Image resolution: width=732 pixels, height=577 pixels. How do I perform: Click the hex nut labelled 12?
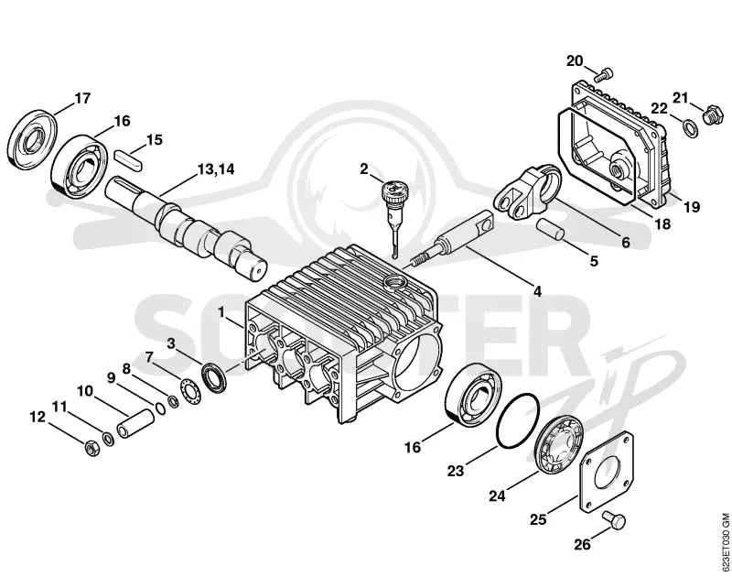pos(92,448)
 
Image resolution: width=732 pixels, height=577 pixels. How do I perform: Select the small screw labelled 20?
pos(603,75)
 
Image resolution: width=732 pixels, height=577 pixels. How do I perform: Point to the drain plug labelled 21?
pos(713,114)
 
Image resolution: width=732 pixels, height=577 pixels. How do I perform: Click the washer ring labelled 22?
pos(691,128)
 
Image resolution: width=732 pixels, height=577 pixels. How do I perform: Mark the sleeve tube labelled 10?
pos(135,423)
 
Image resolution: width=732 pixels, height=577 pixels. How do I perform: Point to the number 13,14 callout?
pos(216,169)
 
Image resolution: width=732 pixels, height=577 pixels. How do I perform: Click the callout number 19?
pos(692,205)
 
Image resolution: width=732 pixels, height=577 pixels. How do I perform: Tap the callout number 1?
pos(221,311)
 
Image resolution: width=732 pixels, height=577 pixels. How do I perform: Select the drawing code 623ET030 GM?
pos(725,542)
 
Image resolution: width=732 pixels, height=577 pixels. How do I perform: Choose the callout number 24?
pos(498,495)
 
